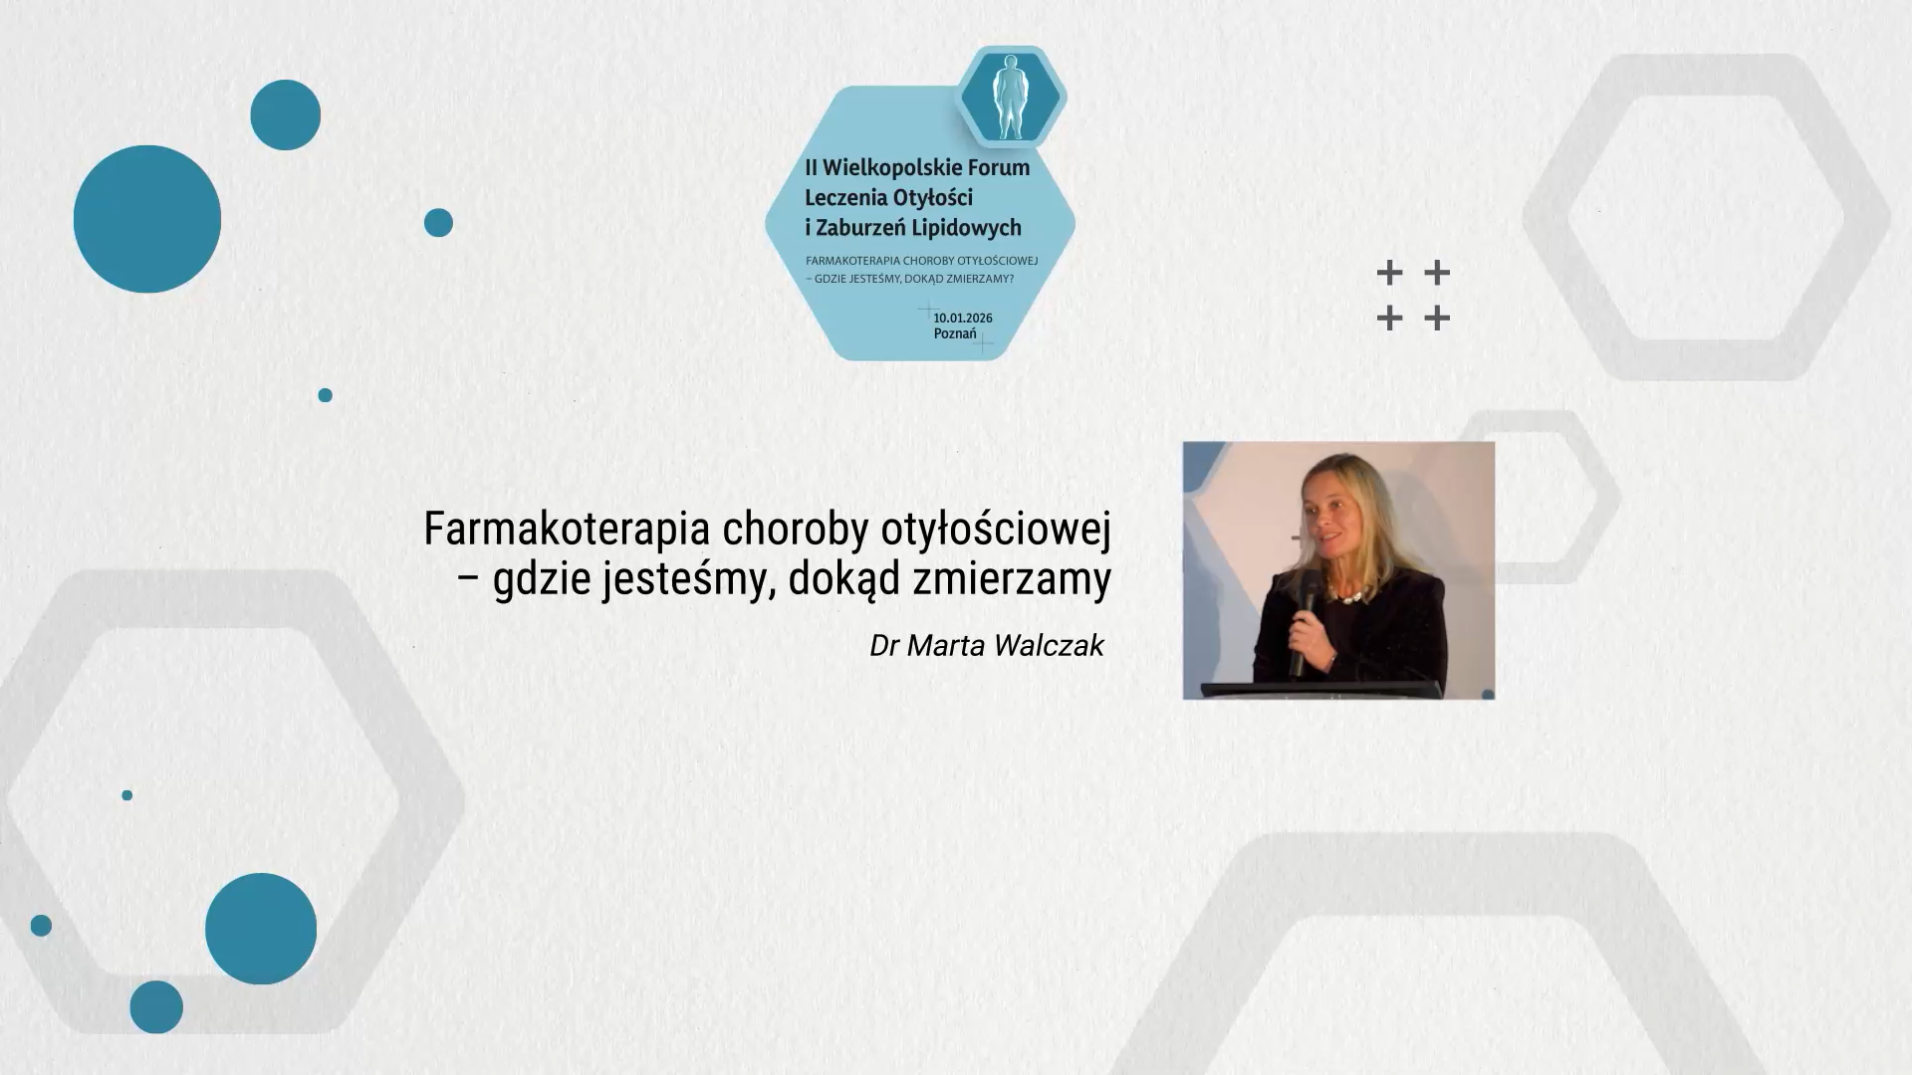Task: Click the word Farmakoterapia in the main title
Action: (568, 529)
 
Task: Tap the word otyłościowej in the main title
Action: (996, 529)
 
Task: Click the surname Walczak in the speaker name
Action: (1049, 645)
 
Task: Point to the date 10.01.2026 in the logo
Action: (963, 318)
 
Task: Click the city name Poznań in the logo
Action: (955, 333)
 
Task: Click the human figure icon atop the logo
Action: (1012, 97)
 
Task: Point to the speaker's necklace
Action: (1343, 595)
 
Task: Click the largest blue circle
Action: (147, 219)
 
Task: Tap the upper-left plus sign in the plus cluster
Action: (1389, 272)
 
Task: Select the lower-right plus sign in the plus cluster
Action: (1436, 319)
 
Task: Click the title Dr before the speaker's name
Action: (884, 645)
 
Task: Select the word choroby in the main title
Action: (797, 529)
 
